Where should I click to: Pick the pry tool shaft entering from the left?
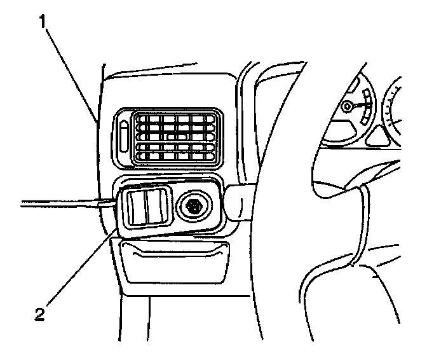pos(57,204)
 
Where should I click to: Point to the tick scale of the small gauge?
pos(365,106)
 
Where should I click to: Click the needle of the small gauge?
pos(356,106)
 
